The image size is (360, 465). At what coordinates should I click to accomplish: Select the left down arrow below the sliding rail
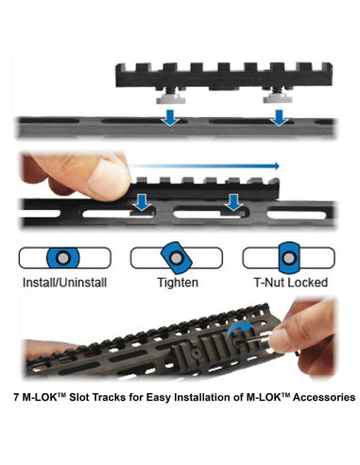[x=141, y=201]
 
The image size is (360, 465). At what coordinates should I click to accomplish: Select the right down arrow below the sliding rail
[x=233, y=201]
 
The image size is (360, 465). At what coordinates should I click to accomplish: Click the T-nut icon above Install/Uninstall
[x=62, y=257]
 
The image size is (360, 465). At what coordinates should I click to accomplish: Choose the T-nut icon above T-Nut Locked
[x=288, y=257]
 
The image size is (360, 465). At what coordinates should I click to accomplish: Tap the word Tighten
[x=177, y=281]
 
